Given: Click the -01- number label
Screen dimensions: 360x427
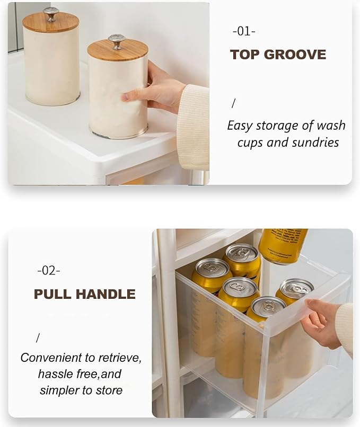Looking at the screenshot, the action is pos(244,31).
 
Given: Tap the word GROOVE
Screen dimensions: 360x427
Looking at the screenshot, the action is pos(295,55).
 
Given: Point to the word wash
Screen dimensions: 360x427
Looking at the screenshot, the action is pos(331,126).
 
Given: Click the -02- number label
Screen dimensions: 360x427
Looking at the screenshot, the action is pos(49,271).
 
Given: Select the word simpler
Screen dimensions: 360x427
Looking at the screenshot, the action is pos(57,390).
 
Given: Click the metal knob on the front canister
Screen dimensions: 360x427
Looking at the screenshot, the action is pos(117,42).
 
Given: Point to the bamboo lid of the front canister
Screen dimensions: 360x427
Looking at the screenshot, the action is pos(118,52).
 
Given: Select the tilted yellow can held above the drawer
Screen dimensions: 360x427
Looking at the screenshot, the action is pos(283,246).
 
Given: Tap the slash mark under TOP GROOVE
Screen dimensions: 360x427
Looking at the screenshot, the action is pos(233,103).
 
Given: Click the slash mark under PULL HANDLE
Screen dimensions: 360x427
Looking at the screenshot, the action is pos(38,338).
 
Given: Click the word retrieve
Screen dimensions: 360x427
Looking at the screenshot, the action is pos(119,358).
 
